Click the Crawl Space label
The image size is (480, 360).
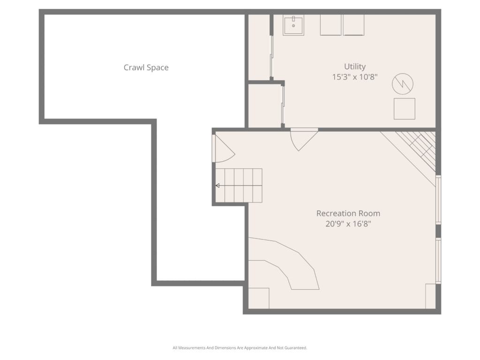tap(146, 67)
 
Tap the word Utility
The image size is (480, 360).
tap(355, 67)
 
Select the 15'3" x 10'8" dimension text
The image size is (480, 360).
tap(355, 77)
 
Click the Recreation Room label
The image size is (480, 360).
tap(348, 213)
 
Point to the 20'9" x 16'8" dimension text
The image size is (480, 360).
tap(348, 224)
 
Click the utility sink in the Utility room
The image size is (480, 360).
tap(293, 25)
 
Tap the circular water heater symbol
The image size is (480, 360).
tap(403, 84)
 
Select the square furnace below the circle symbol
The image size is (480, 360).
tap(405, 109)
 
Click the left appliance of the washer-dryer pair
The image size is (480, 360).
tap(330, 25)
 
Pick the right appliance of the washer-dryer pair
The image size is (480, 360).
tap(353, 25)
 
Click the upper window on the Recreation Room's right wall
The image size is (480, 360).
tap(438, 200)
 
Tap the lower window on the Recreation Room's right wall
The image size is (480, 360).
tap(438, 261)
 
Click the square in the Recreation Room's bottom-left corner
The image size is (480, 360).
tap(259, 298)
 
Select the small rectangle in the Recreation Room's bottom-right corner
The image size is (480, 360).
tap(430, 296)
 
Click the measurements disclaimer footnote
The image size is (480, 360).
tap(240, 348)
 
